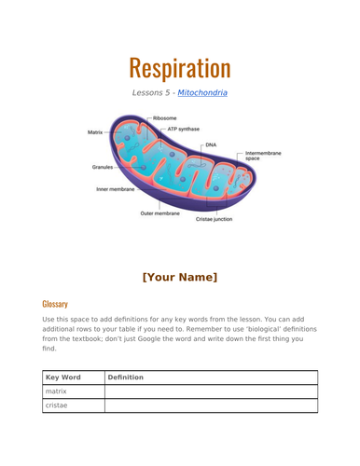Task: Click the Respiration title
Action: (x=180, y=67)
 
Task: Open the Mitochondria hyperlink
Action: (x=203, y=93)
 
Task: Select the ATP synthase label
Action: (x=182, y=129)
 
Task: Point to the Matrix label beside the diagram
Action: (x=95, y=132)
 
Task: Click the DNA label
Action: (x=211, y=144)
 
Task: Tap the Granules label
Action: (x=103, y=167)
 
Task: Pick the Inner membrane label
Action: (x=115, y=188)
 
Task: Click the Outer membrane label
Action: (x=159, y=213)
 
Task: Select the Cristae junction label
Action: (x=214, y=219)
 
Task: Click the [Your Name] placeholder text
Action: (x=180, y=277)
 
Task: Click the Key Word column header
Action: (x=62, y=377)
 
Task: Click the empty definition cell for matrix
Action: (x=211, y=392)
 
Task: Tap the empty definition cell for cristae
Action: (x=211, y=407)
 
